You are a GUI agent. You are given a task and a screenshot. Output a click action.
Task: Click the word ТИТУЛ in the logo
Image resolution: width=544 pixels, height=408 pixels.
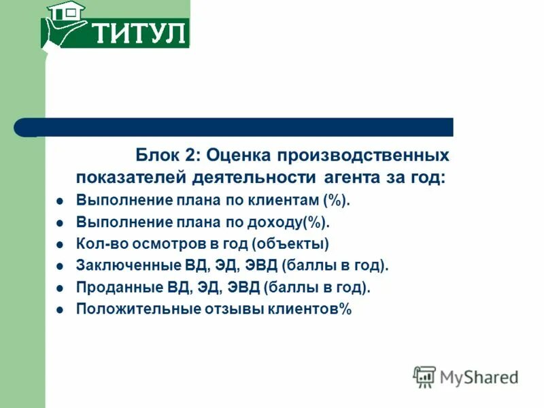click(138, 32)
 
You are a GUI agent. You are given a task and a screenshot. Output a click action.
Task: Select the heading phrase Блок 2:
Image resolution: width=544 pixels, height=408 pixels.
click(167, 155)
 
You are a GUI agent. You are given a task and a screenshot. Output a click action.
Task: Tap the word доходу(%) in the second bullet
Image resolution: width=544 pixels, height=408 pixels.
click(293, 222)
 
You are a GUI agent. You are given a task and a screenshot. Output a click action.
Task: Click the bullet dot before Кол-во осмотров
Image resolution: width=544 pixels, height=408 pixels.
click(60, 244)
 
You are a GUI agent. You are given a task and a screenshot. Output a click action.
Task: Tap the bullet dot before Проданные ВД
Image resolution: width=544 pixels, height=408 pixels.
click(60, 288)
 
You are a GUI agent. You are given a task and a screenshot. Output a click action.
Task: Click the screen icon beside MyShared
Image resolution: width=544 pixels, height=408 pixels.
click(424, 377)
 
